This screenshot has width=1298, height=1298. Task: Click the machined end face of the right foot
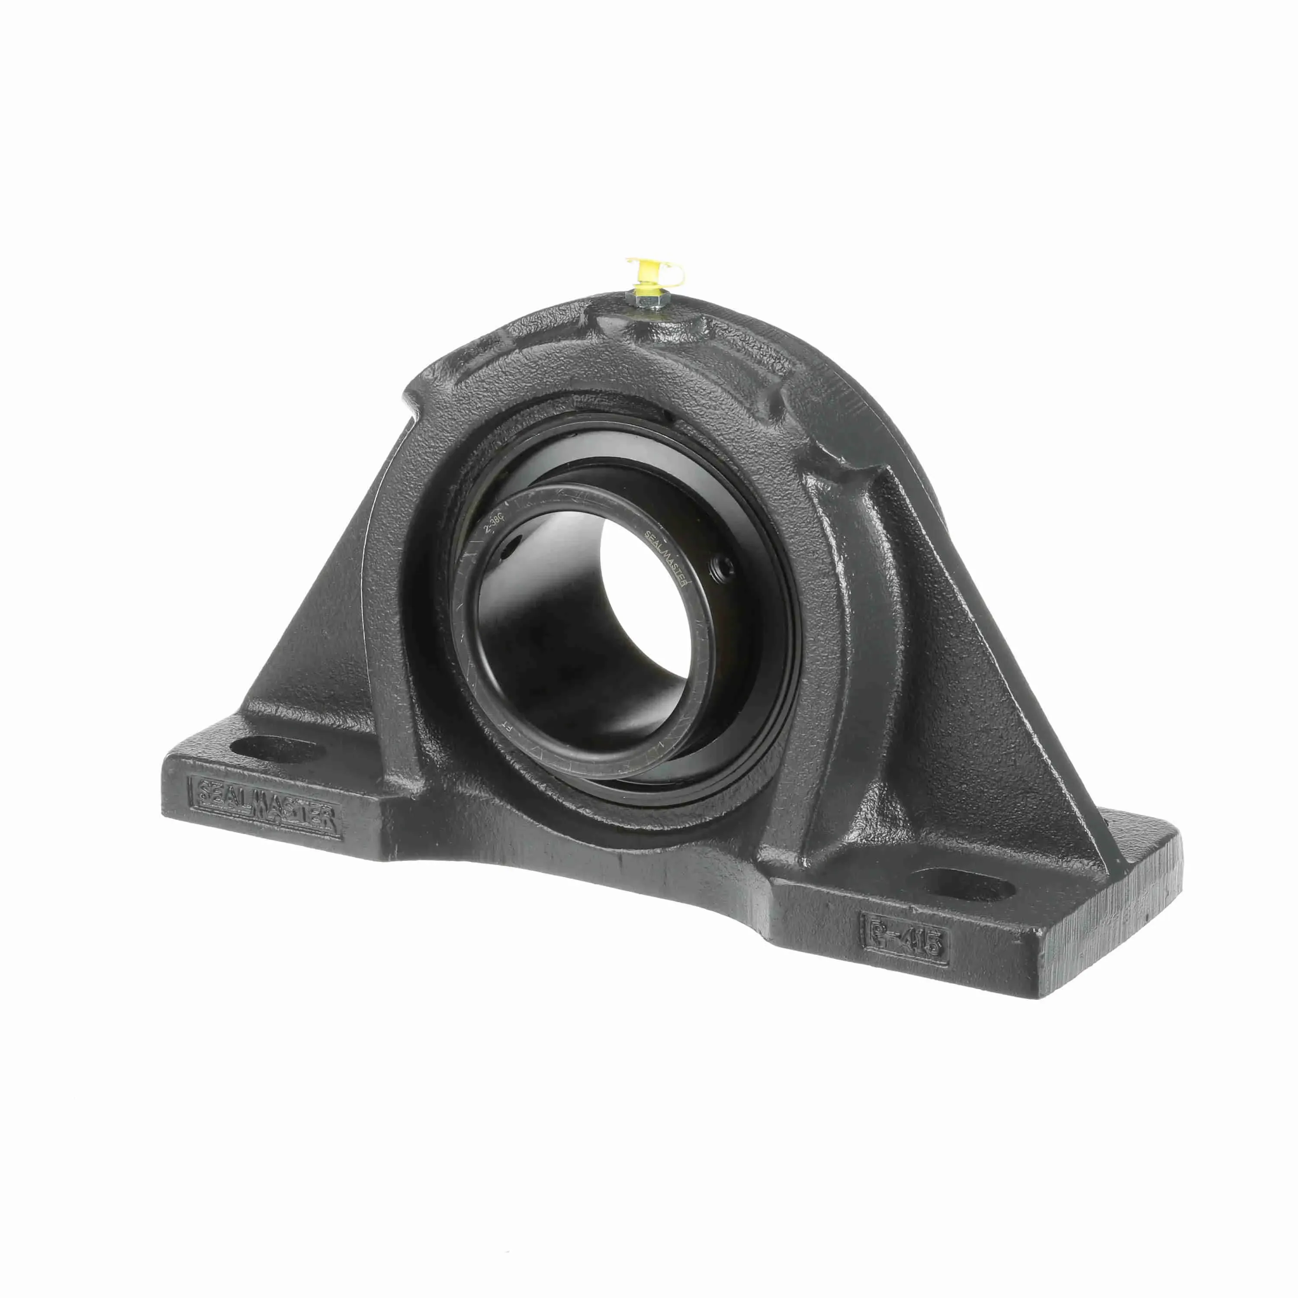pyautogui.click(x=1135, y=927)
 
